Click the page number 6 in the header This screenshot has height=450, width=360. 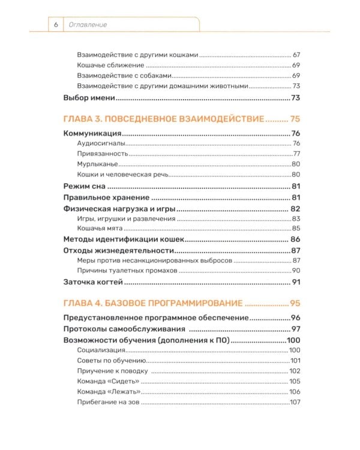point(55,25)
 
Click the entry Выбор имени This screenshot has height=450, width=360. point(89,98)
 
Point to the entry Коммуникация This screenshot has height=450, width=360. point(93,133)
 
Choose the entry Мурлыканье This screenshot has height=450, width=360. point(98,164)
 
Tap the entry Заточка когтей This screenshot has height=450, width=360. point(94,282)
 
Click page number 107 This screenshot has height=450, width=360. point(294,401)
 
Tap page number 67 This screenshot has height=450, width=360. point(296,55)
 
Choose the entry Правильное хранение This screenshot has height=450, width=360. point(106,197)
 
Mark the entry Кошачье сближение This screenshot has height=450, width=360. point(110,65)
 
